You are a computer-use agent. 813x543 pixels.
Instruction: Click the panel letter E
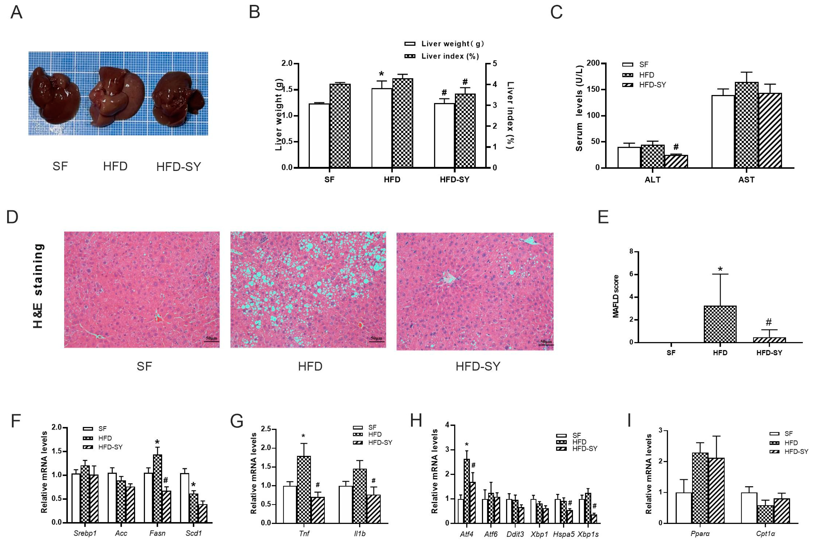(x=603, y=217)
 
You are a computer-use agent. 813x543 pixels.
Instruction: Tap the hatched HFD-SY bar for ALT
(x=676, y=161)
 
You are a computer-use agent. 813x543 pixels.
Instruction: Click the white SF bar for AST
(x=723, y=132)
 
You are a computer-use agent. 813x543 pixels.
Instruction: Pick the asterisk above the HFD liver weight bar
(x=382, y=74)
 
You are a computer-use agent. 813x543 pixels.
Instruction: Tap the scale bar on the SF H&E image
(x=211, y=341)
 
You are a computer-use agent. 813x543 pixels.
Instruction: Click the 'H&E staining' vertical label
(x=38, y=286)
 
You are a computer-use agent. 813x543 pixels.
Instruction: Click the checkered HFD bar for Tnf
(x=303, y=489)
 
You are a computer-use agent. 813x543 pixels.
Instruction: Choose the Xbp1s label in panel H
(x=588, y=534)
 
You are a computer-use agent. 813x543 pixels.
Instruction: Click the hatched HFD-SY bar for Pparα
(x=716, y=490)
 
